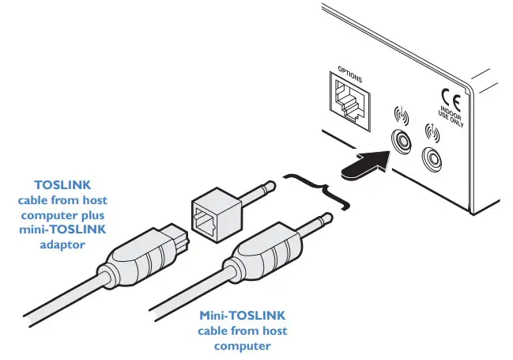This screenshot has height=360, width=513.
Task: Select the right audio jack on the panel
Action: point(434,159)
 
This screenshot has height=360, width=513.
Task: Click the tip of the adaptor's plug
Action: point(270,188)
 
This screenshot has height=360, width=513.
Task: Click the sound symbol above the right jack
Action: point(432,132)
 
